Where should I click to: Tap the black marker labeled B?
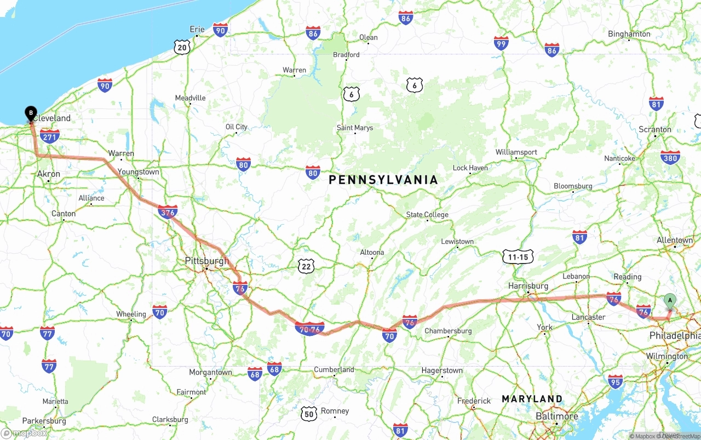(x=31, y=113)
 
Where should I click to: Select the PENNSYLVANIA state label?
(x=383, y=180)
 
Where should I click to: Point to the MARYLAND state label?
(x=532, y=399)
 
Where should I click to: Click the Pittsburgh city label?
(x=207, y=261)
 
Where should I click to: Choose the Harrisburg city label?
(x=528, y=286)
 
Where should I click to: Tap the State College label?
(x=427, y=215)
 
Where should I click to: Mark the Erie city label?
(x=197, y=30)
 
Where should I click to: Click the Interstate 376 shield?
(x=168, y=212)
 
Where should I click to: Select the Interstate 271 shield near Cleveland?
(x=50, y=136)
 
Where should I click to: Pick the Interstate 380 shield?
(x=670, y=157)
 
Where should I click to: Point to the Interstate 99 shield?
(x=501, y=43)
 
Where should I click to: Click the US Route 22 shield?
(x=307, y=267)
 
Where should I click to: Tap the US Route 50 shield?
(x=309, y=413)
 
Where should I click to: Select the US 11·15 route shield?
(x=518, y=257)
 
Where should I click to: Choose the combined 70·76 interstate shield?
(x=309, y=329)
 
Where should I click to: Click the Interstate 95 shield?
(x=616, y=381)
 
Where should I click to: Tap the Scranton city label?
(x=655, y=130)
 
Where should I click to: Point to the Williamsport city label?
(x=516, y=152)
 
